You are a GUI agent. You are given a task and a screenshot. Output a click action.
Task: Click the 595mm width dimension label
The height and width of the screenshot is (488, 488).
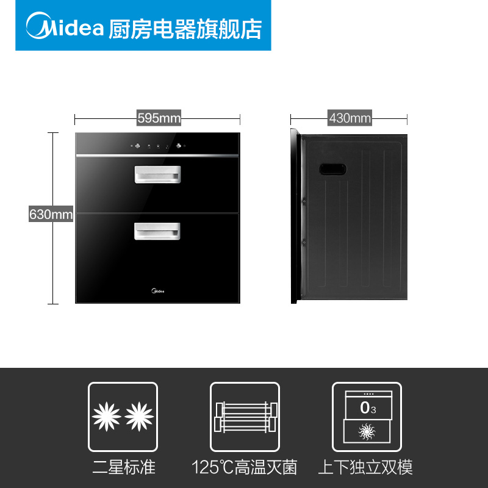coord(159,118)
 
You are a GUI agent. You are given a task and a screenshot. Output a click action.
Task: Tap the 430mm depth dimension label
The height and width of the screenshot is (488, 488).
coord(350,118)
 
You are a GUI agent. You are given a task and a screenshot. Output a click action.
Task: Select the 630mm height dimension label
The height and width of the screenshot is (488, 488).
coord(51,215)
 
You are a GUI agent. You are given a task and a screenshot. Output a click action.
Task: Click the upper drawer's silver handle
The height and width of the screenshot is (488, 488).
coord(157,174)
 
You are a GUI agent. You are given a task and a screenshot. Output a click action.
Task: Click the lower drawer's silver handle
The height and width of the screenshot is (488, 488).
coord(157,231)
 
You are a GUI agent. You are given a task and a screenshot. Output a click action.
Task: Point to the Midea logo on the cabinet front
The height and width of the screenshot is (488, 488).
coord(157,291)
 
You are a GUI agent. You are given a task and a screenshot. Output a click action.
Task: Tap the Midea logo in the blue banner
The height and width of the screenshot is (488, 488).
coord(64,27)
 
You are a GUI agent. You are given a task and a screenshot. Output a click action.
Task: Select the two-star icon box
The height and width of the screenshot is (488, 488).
coord(123,417)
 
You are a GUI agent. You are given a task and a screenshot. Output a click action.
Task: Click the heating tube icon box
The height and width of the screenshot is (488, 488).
coord(245,417)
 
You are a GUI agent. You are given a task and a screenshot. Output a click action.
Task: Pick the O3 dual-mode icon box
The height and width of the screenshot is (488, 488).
coord(367,417)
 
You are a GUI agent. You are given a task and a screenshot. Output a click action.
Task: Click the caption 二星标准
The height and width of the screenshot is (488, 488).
coord(123,467)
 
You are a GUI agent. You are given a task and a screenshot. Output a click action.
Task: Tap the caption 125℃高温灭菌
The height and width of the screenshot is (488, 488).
coord(245,467)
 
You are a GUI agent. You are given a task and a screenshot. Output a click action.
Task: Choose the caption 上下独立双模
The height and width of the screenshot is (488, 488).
coord(366,467)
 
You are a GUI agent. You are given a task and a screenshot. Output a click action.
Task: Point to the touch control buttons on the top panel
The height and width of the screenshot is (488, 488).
coord(157,146)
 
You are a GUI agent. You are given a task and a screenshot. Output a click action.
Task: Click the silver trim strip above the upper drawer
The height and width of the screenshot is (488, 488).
coord(157,156)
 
